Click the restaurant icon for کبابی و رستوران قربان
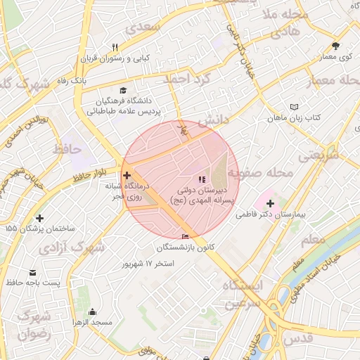115,47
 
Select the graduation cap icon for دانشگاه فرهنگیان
124,90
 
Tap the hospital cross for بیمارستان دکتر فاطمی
271,202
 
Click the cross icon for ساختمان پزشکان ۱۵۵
39,219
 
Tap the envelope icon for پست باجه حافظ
32,272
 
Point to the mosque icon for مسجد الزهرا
92,311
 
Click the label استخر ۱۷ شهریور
148,264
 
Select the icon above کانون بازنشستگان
185,237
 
